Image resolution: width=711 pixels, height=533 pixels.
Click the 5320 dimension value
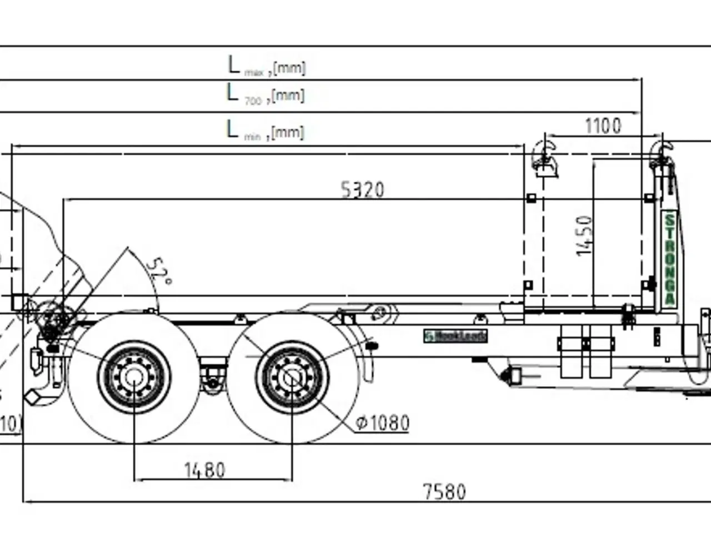click(x=362, y=190)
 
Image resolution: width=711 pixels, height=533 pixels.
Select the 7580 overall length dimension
click(x=444, y=491)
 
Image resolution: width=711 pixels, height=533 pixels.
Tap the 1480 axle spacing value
click(x=204, y=470)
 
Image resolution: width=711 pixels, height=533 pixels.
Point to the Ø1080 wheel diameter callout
click(x=382, y=423)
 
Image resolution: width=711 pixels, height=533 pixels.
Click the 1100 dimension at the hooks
click(x=603, y=126)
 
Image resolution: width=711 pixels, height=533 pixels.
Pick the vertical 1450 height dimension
click(x=584, y=236)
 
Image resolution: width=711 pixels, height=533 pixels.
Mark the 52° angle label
click(x=158, y=271)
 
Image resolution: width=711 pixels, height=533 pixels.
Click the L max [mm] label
click(x=267, y=66)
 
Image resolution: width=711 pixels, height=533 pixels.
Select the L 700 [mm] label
click(x=266, y=94)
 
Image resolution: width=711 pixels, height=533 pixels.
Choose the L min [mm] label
click(x=266, y=130)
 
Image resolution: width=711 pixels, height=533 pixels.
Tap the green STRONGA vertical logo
click(x=670, y=258)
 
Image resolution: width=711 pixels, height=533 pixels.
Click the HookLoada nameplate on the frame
click(x=455, y=336)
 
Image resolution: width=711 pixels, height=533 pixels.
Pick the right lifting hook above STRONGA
click(x=661, y=155)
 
